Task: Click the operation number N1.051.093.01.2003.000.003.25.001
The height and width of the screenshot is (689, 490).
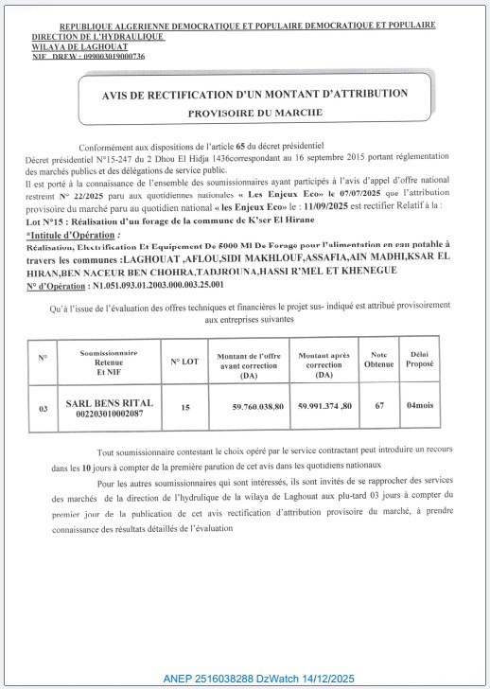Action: click(166, 283)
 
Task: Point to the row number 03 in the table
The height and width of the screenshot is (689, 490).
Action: click(43, 408)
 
